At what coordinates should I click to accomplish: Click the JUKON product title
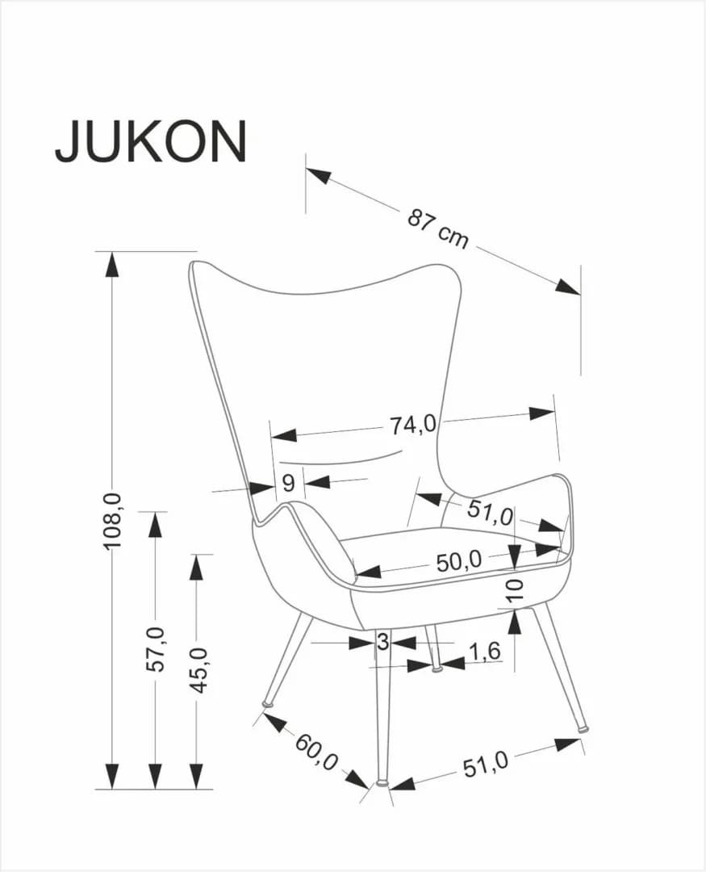[151, 141]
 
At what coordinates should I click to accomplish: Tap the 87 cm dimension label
[437, 228]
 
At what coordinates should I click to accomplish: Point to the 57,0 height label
[156, 648]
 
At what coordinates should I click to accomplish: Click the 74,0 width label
[413, 424]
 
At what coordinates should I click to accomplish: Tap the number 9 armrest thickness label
[288, 484]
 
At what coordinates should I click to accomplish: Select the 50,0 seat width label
[458, 560]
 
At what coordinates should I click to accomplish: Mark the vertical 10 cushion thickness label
[515, 588]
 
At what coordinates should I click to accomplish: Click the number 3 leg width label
[382, 643]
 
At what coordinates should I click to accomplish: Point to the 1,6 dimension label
[484, 650]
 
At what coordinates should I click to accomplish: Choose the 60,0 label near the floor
[315, 752]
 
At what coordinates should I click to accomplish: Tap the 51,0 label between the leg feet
[485, 763]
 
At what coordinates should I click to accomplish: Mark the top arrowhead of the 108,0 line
[112, 263]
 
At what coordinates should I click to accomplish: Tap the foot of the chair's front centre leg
[382, 782]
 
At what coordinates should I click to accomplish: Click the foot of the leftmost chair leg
[267, 705]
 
